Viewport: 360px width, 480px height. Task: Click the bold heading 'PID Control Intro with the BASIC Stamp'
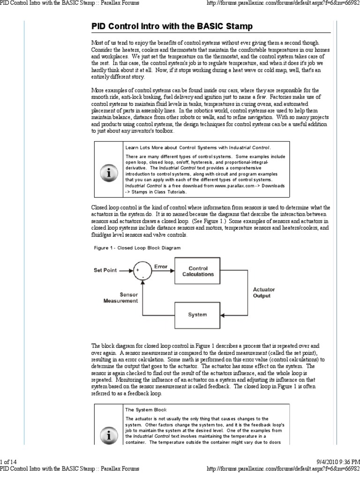pos(172,25)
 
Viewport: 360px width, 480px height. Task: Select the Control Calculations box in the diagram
pos(198,271)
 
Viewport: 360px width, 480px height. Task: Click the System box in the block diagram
pos(197,315)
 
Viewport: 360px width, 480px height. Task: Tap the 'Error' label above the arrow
pos(161,266)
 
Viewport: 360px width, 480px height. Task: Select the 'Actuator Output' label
pos(263,292)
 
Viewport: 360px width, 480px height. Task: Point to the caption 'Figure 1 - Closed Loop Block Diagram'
pos(137,247)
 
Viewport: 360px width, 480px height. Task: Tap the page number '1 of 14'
pos(9,463)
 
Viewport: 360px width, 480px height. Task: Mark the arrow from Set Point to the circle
pos(126,271)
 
